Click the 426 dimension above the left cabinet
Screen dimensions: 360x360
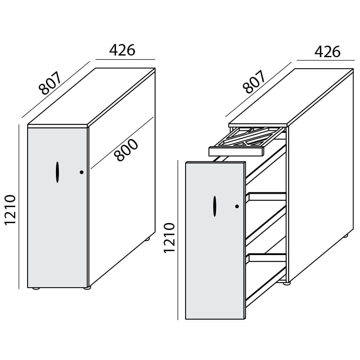click(122, 50)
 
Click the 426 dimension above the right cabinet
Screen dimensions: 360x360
click(327, 52)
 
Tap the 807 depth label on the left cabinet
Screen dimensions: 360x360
click(50, 83)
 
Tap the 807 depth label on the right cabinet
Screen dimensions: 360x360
click(254, 82)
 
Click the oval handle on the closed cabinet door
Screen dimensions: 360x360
click(58, 172)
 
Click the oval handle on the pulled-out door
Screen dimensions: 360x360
click(215, 206)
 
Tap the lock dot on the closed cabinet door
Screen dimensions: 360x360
click(81, 172)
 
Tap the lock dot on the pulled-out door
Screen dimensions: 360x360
click(237, 207)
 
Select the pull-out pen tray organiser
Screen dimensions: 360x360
click(247, 141)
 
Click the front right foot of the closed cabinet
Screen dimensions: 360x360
click(87, 288)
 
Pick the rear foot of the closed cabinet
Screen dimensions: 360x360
click(147, 239)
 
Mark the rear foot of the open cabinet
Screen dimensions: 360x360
click(346, 236)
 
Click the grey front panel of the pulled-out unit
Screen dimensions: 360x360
click(215, 241)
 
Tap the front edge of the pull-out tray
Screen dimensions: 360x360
click(236, 151)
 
